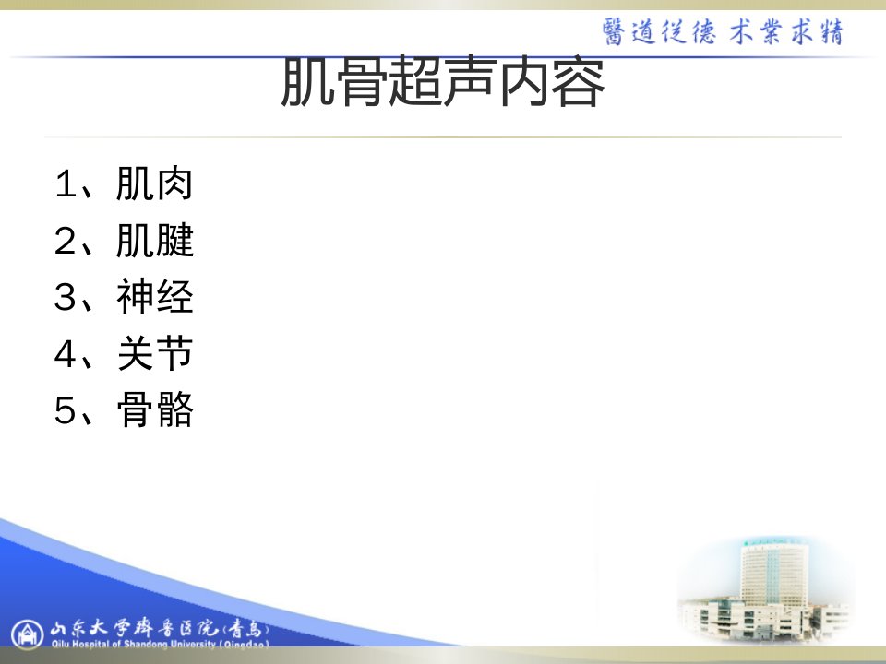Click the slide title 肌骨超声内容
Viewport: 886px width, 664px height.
click(x=443, y=82)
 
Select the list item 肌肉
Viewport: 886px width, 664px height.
click(x=154, y=184)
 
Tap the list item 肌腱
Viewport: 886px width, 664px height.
click(x=154, y=240)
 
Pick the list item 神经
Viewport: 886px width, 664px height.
click(x=154, y=296)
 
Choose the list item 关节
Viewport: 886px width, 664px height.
click(x=155, y=353)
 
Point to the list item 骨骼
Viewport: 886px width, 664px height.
click(x=155, y=409)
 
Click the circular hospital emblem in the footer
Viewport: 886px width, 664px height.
click(x=27, y=634)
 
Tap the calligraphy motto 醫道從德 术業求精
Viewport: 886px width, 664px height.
click(x=723, y=31)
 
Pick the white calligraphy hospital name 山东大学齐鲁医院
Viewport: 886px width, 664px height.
click(x=133, y=628)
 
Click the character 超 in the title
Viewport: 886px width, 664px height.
click(x=416, y=82)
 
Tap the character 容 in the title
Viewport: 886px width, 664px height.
click(x=578, y=82)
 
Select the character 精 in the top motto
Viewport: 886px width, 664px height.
click(x=832, y=31)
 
